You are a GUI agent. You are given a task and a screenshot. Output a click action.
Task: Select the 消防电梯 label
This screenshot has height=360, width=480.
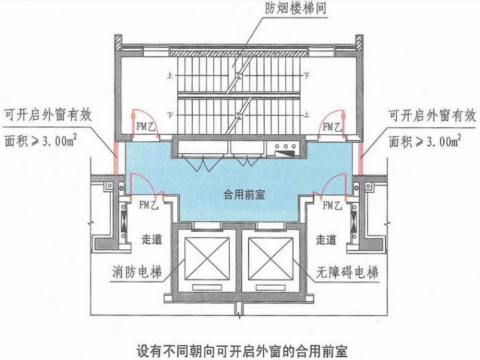135,273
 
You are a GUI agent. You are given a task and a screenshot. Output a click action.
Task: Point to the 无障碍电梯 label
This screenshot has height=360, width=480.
347,273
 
